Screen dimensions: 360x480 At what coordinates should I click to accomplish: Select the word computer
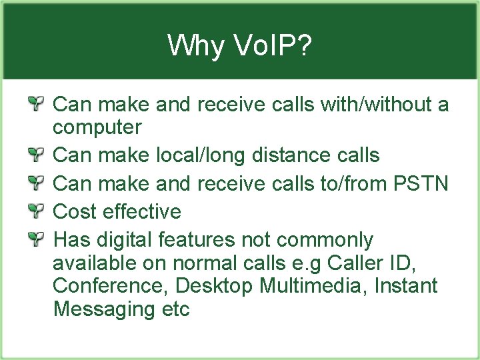(x=97, y=127)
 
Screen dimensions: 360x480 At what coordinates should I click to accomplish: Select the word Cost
(x=75, y=211)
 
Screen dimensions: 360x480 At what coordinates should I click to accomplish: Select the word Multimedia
(x=313, y=286)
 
